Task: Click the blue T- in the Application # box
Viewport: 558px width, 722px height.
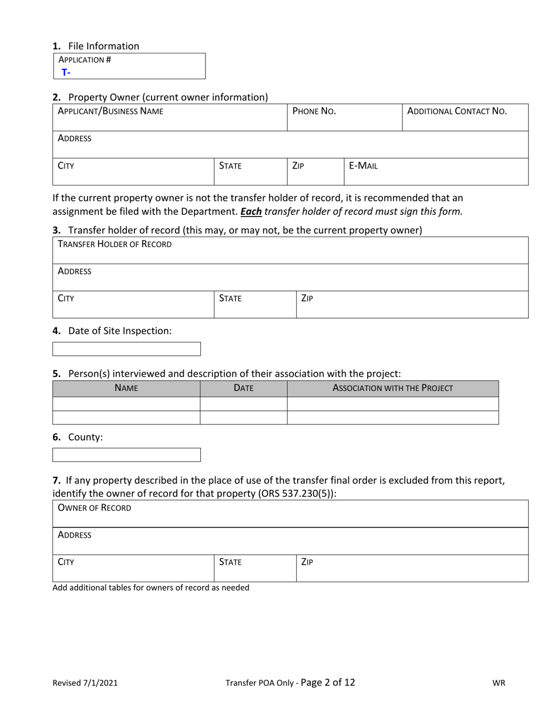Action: coord(66,73)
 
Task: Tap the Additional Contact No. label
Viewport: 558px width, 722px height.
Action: coord(457,111)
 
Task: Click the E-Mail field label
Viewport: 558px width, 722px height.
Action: coord(363,166)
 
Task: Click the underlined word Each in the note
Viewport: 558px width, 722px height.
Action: coord(251,211)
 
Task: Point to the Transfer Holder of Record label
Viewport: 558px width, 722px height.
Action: coord(115,244)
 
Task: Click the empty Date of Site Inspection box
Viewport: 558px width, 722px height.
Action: coord(127,349)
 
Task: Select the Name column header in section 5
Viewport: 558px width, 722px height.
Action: coord(126,388)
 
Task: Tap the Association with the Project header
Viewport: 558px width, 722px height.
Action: coord(392,388)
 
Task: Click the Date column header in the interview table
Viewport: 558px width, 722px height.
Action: coord(243,388)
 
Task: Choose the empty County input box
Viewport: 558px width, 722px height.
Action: coord(127,455)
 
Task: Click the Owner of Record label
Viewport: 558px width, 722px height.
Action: coord(95,508)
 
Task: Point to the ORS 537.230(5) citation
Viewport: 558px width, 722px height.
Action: coord(295,494)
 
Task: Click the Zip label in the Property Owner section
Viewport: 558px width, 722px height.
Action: coord(298,166)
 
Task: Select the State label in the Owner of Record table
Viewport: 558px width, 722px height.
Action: coord(230,562)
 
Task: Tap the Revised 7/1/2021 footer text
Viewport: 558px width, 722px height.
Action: coord(85,683)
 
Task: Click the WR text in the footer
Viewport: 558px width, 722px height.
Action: coord(499,683)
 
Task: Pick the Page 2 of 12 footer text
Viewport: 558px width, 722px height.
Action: coord(328,682)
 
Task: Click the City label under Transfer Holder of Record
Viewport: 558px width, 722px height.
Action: coord(66,298)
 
